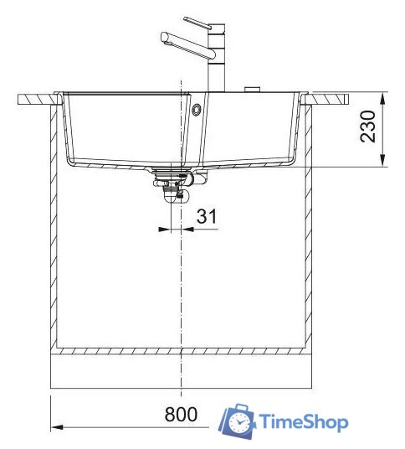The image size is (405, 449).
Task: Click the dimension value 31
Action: tap(207, 216)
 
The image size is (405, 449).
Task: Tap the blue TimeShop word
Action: tap(303, 422)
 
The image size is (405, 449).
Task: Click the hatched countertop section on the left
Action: tap(38, 99)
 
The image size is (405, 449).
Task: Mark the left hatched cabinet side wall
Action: tap(54, 226)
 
